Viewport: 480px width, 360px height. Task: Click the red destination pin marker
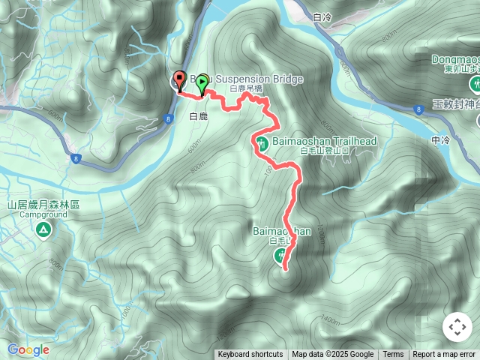tap(179, 80)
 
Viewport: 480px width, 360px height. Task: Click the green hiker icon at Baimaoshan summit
tap(280, 257)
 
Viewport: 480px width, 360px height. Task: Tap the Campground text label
tap(43, 214)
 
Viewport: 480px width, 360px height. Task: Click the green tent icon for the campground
tap(43, 228)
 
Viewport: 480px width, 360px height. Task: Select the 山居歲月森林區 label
tap(43, 204)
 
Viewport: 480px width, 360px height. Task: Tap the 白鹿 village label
tap(198, 117)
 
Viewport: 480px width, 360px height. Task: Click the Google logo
tap(28, 349)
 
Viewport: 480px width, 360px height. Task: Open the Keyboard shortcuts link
tap(250, 355)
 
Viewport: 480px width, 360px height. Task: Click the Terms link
tap(393, 355)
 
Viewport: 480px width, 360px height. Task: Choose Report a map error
tap(444, 355)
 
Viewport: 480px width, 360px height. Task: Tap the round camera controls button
tap(457, 328)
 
